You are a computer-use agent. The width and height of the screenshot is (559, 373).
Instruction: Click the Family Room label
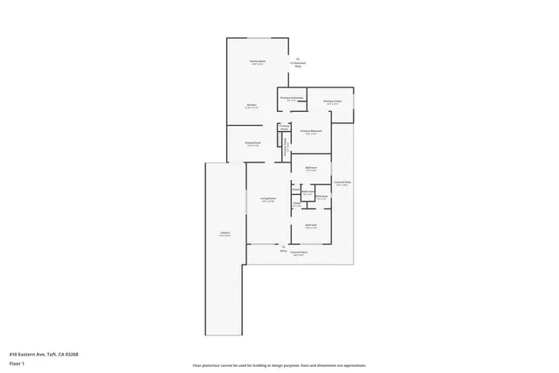(x=257, y=60)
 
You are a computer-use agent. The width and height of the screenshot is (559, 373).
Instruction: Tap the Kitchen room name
(x=251, y=105)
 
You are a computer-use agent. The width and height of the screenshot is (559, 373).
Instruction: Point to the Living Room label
(x=268, y=198)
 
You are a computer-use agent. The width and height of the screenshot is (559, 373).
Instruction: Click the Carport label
(x=224, y=233)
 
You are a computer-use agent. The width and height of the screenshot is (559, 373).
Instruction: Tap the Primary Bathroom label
(x=292, y=97)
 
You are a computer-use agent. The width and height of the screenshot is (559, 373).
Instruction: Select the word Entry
(x=283, y=251)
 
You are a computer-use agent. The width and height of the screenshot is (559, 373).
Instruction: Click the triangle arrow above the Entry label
(x=283, y=245)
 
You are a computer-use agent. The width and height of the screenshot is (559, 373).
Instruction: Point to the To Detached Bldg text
(x=298, y=64)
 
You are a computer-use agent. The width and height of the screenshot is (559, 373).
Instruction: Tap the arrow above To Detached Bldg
(x=298, y=56)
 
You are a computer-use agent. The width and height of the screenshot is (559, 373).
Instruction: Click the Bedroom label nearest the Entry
(x=310, y=225)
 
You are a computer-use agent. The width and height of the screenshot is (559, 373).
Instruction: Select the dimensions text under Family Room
(x=257, y=64)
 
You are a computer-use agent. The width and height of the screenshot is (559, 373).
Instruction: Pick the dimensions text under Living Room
(x=268, y=202)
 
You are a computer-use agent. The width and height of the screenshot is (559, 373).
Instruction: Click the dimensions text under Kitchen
(x=251, y=108)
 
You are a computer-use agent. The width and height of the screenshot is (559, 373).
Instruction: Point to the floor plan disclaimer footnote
(x=279, y=365)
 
